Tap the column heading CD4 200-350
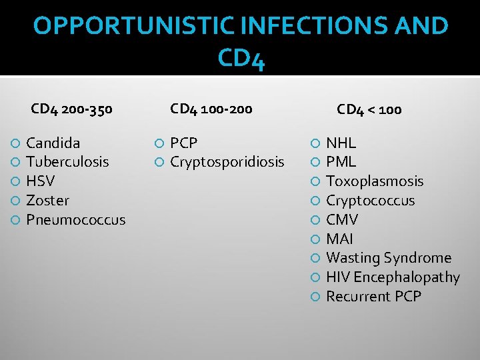(72, 109)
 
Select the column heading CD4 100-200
(211, 108)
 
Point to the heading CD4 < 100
(369, 109)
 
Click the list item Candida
(53, 143)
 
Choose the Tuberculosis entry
(67, 162)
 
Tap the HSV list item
(40, 181)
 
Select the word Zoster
(47, 201)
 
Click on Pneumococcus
(75, 220)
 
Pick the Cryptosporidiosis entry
(227, 162)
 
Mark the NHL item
(341, 143)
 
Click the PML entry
(341, 162)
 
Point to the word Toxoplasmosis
(375, 181)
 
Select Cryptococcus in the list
(370, 201)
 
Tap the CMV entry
(342, 220)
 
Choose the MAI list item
(339, 239)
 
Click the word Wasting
(351, 258)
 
